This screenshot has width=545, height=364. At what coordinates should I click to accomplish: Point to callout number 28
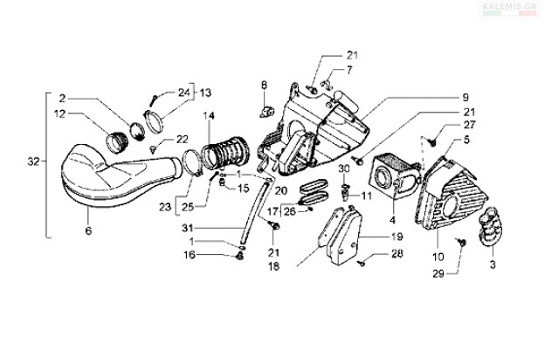[397, 255]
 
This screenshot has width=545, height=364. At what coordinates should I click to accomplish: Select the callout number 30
[343, 167]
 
